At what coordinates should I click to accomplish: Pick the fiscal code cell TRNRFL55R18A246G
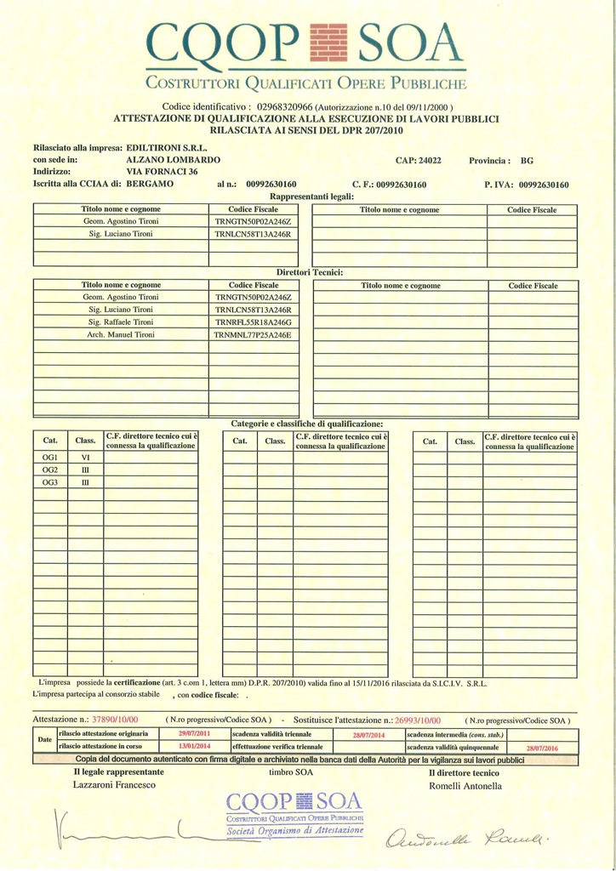(x=253, y=323)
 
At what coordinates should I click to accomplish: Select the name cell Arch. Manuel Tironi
(x=120, y=336)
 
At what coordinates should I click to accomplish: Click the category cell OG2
(x=50, y=470)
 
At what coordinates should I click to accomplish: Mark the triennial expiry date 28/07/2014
(x=368, y=734)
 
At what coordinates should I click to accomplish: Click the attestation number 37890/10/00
(x=114, y=719)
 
